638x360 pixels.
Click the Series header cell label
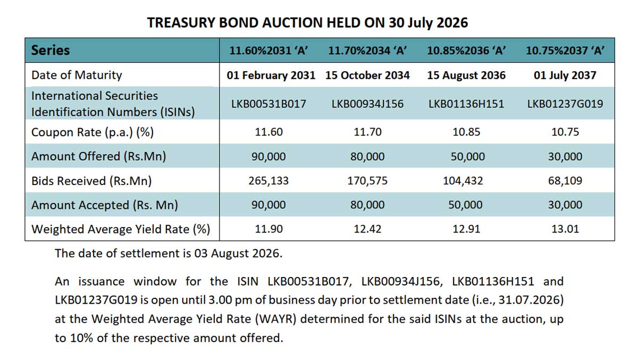51,51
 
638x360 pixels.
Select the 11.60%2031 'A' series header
268,51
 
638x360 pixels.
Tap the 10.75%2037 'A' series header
565,51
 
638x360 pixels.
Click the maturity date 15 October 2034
367,76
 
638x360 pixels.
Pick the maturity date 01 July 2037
565,76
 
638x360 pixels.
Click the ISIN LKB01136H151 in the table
466,104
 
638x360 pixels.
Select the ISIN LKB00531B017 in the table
268,104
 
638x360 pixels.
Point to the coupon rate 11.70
367,132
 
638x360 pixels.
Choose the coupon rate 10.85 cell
466,132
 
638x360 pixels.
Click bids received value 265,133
268,181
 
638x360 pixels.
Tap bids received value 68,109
565,181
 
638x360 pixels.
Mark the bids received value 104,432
463,181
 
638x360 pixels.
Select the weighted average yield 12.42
367,229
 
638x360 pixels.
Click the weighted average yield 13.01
565,229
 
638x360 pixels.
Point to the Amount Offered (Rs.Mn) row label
98,157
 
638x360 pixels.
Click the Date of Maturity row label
77,76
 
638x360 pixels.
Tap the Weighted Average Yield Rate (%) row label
121,229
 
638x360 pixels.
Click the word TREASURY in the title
181,23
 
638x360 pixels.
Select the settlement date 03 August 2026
238,254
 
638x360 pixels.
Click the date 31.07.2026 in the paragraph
529,300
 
